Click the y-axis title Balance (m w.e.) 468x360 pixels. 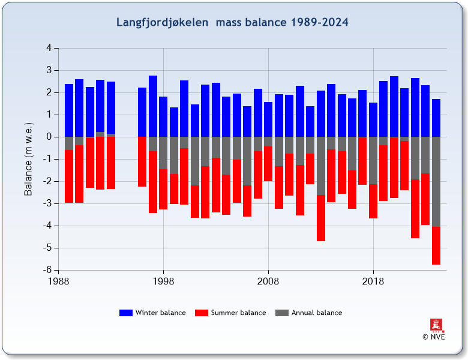click(28, 158)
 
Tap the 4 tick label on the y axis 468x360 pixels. click(48, 48)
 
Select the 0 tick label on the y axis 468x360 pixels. click(48, 137)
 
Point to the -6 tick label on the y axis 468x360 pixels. click(46, 270)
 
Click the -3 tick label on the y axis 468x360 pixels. click(46, 203)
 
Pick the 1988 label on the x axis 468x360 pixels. click(58, 281)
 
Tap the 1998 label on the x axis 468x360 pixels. click(163, 281)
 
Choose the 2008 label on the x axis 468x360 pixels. click(268, 281)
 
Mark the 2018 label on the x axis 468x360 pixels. click(373, 281)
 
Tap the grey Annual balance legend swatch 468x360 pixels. click(281, 313)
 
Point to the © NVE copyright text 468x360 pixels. click(434, 337)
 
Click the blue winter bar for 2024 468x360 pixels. click(436, 118)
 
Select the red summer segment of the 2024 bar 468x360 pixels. click(436, 245)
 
